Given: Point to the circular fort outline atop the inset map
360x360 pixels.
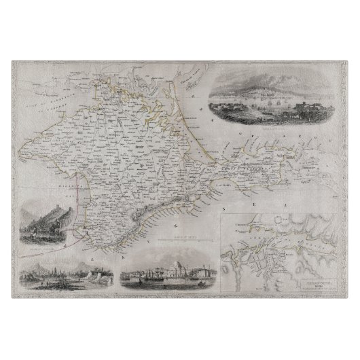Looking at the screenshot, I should pyautogui.click(x=250, y=219).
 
